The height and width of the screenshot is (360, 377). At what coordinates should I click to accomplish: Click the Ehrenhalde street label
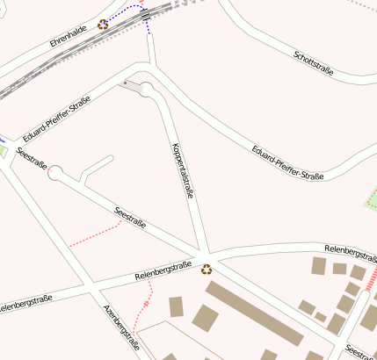67,35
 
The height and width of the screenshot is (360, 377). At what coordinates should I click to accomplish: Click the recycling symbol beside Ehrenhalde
104,25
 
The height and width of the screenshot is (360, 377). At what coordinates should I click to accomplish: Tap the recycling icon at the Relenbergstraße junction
207,270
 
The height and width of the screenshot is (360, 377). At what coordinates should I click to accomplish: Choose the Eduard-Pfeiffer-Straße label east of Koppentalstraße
287,163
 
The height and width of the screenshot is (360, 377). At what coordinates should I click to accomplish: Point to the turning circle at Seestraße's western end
55,174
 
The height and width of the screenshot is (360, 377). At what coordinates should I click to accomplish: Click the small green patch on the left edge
3,150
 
